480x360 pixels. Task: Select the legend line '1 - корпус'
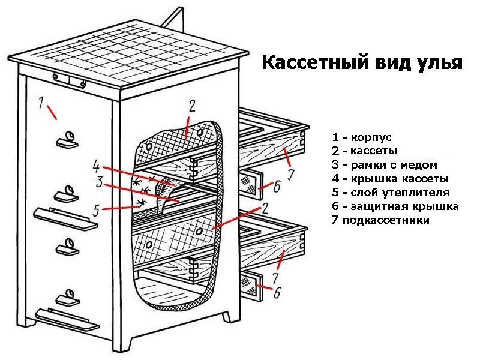[x=361, y=138]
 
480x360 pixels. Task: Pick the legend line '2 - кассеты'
[x=364, y=151]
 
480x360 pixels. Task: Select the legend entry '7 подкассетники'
[x=380, y=220]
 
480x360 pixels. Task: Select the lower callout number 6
[x=277, y=293]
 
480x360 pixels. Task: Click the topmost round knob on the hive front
[x=70, y=137]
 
